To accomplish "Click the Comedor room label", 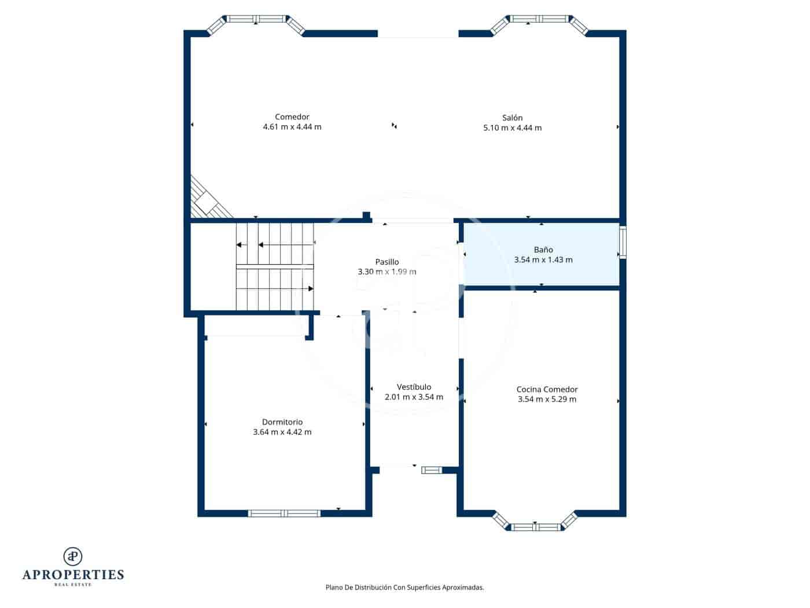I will pyautogui.click(x=292, y=117).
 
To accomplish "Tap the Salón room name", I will pyautogui.click(x=512, y=118).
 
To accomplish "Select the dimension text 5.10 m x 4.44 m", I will pyautogui.click(x=512, y=128).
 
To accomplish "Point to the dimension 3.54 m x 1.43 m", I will pyautogui.click(x=543, y=260).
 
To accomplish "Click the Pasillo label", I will pyautogui.click(x=387, y=262).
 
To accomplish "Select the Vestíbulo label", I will pyautogui.click(x=414, y=387).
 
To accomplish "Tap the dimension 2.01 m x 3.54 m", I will pyautogui.click(x=414, y=397).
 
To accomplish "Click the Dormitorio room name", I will pyautogui.click(x=282, y=422).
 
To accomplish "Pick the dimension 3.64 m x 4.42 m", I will pyautogui.click(x=282, y=432).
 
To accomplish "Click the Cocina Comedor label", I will pyautogui.click(x=547, y=390).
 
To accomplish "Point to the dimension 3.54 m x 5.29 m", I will pyautogui.click(x=547, y=400).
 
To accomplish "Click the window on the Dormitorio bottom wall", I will pyautogui.click(x=284, y=513).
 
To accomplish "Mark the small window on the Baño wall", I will pyautogui.click(x=623, y=243).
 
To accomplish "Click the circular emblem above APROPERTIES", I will pyautogui.click(x=73, y=556).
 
